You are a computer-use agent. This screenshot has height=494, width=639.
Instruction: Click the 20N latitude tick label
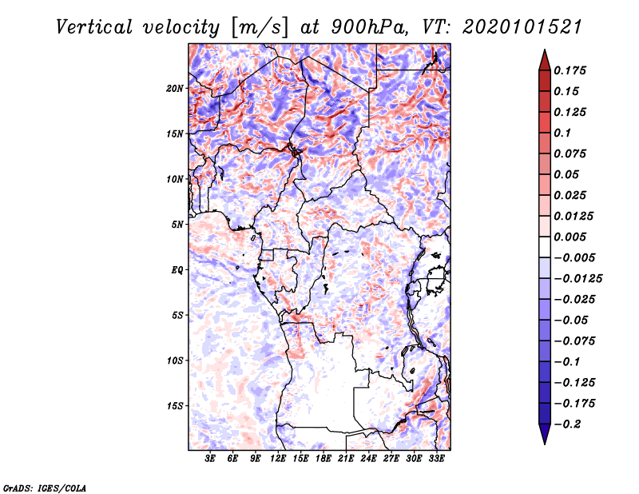(175, 89)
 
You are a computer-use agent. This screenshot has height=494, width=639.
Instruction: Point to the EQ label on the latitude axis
(177, 270)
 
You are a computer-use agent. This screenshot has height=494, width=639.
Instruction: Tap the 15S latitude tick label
(175, 406)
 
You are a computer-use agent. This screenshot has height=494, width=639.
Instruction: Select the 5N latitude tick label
(177, 225)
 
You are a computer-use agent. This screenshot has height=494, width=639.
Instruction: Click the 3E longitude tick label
(210, 459)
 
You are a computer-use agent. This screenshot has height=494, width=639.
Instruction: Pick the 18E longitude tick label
(323, 459)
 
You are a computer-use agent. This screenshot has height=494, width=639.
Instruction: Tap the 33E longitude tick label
(436, 459)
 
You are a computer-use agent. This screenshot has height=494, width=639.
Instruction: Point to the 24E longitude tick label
(368, 459)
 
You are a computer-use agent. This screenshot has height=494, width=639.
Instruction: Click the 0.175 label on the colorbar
(570, 70)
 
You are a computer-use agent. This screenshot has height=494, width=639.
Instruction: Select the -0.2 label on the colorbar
(567, 424)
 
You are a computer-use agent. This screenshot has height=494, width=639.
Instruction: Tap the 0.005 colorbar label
(570, 237)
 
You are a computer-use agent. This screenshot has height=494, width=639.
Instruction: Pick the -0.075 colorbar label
(574, 341)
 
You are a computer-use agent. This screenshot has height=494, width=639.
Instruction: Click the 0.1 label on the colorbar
(562, 133)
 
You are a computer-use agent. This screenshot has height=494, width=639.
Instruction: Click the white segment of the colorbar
(545, 247)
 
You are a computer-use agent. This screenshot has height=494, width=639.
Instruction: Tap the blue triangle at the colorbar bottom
(545, 433)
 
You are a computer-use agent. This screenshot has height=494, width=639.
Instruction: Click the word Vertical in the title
(94, 27)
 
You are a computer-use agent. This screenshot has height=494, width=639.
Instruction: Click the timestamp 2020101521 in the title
(522, 27)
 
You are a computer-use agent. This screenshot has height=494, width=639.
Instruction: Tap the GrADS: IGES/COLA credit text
(45, 488)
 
